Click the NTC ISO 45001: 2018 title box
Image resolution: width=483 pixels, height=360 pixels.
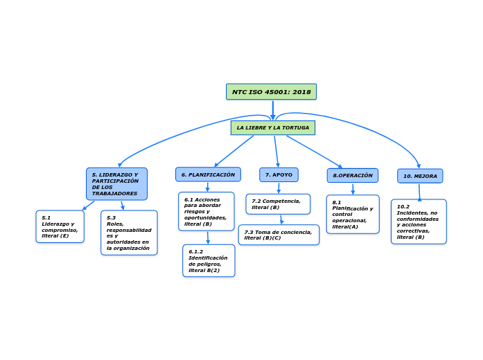[271, 92]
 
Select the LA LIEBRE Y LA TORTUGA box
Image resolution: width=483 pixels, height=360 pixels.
[272, 128]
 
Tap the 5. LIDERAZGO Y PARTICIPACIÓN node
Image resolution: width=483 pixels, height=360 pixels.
[116, 184]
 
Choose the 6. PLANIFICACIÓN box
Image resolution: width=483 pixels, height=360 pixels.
[208, 174]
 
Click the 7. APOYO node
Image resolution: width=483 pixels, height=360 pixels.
[279, 174]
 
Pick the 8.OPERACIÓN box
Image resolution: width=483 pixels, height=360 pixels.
[352, 175]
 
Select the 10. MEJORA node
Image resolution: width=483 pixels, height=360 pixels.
[420, 176]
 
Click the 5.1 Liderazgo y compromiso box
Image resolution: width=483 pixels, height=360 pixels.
[60, 226]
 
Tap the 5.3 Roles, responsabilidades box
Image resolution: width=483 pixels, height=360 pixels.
[129, 233]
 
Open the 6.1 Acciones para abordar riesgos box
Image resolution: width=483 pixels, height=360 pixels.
[206, 211]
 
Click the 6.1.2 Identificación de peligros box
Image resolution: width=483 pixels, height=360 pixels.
[209, 260]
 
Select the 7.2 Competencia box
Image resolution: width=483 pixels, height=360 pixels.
[278, 204]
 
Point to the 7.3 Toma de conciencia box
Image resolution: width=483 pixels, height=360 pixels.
[279, 235]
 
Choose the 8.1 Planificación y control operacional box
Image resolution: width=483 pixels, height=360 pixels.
[353, 215]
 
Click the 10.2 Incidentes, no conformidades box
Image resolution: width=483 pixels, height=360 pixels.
[419, 222]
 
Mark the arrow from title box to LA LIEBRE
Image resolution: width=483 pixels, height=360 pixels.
[273, 110]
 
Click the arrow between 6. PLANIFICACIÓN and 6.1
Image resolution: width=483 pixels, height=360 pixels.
[207, 187]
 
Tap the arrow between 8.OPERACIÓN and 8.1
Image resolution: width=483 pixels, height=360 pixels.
[353, 189]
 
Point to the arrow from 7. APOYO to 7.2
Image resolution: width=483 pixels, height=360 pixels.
[279, 188]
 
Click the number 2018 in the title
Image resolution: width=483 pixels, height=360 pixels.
[301, 92]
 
